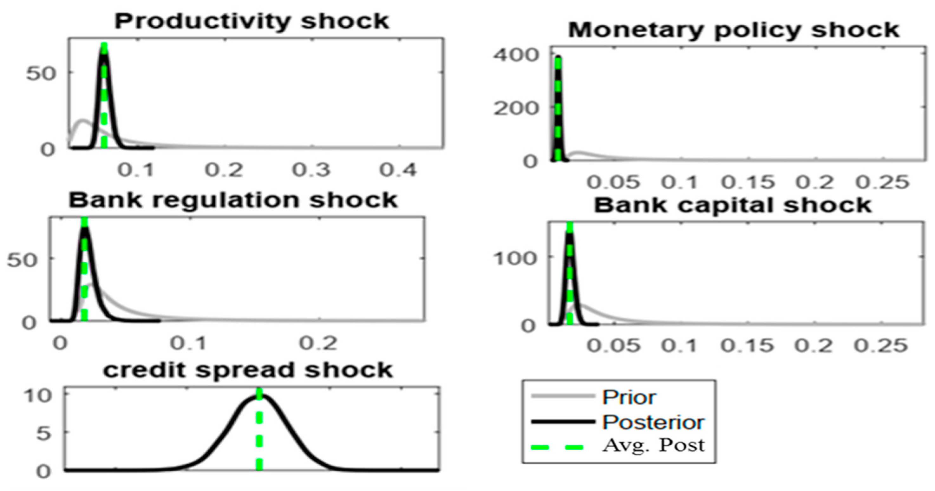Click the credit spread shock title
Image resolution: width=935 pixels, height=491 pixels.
coord(248,370)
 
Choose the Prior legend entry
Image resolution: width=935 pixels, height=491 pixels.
coord(629,397)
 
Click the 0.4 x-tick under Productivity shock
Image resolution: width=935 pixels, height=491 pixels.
coord(398,170)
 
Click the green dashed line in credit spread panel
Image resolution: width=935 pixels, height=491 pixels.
coord(259,435)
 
